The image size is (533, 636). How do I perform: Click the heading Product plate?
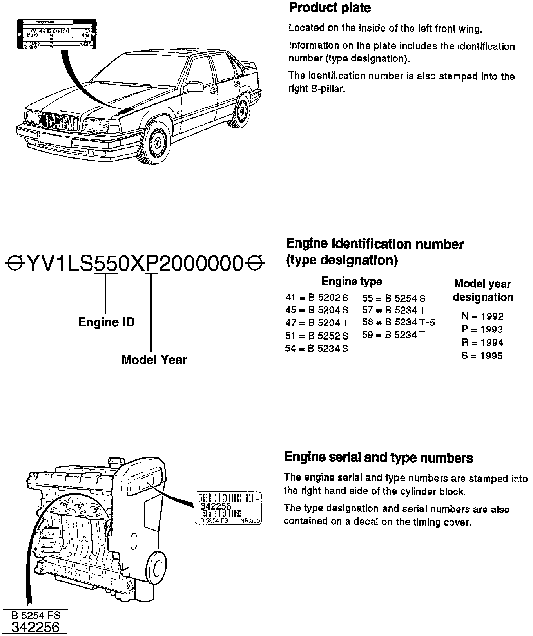click(330, 8)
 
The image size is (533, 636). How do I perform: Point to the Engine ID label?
click(106, 322)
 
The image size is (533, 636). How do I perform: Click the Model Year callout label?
click(154, 360)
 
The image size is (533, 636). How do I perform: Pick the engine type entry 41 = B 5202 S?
click(317, 298)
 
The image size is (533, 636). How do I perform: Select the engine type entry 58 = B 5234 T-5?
click(398, 323)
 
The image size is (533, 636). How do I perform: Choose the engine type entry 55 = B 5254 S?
click(393, 298)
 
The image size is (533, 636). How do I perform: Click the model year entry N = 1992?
click(482, 316)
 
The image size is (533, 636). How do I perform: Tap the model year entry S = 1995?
click(482, 356)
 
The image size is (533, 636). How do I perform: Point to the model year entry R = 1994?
click(482, 343)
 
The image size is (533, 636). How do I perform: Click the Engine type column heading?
click(352, 281)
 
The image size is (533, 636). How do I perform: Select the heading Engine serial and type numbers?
click(379, 457)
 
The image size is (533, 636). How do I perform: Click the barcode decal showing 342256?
click(228, 508)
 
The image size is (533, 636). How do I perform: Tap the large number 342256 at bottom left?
click(35, 627)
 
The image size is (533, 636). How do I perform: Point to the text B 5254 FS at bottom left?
click(36, 615)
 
